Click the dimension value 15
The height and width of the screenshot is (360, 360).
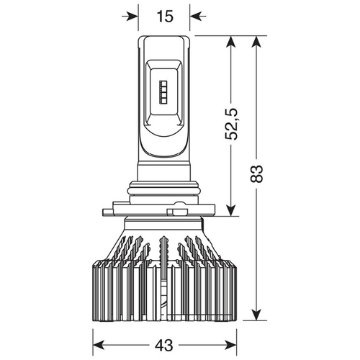click(x=165, y=17)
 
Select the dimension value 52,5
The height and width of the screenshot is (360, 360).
click(x=231, y=124)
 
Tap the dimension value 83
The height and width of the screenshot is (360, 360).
click(x=256, y=174)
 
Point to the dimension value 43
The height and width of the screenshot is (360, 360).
click(x=164, y=346)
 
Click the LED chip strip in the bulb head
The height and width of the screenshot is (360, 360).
click(x=163, y=92)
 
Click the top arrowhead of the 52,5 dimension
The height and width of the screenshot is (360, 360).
click(x=231, y=42)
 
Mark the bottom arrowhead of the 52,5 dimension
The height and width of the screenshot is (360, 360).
click(x=231, y=210)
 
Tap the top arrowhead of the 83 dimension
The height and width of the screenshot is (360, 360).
click(x=256, y=42)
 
